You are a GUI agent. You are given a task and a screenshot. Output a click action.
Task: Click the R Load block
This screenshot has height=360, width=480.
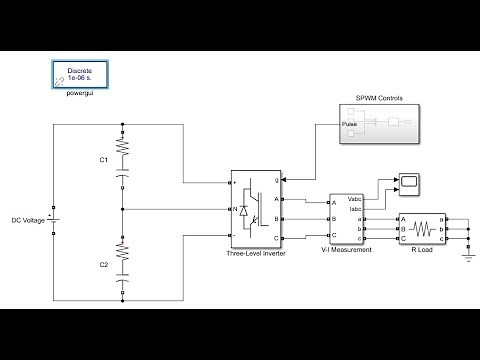pos(425,230)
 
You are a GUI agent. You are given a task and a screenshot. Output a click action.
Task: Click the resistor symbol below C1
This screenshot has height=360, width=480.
pos(123,147)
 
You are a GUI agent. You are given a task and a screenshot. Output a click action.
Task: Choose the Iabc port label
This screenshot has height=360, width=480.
pos(355,210)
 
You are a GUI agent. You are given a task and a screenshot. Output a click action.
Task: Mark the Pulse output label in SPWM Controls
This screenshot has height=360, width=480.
pos(349,125)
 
